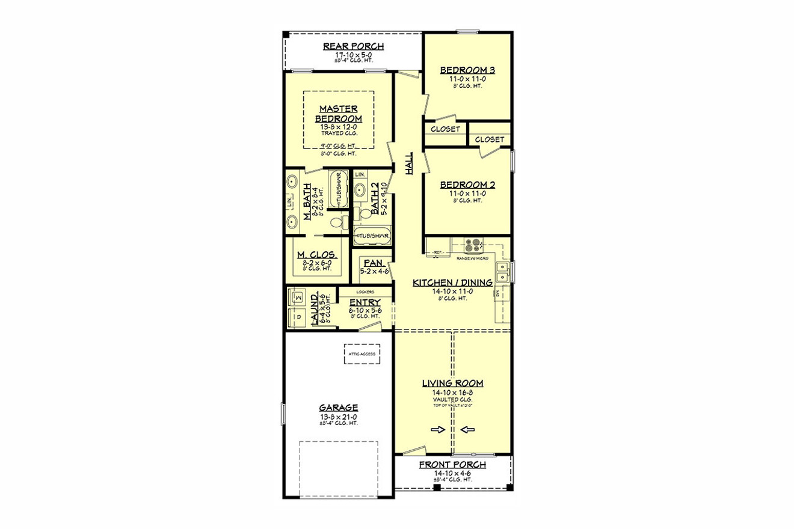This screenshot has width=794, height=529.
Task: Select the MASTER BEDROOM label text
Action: coord(339,114)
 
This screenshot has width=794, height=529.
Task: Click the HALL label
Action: coord(409,163)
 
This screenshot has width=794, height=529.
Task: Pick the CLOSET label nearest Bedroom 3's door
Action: coord(446,129)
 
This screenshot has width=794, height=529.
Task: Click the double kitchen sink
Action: coord(503,272)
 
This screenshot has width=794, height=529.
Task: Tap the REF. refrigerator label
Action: coord(439,252)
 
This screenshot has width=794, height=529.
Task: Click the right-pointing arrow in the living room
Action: coord(438,429)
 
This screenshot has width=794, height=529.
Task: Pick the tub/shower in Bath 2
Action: coord(372,236)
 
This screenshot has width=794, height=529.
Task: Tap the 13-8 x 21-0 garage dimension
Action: coord(339,416)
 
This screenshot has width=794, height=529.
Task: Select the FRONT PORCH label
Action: coord(452,465)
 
